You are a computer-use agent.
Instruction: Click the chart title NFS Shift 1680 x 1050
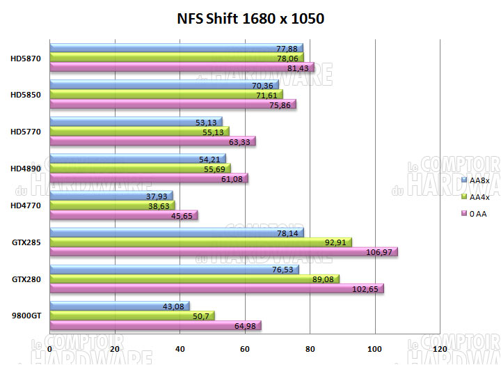pos(249,18)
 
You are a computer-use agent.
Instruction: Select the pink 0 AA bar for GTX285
pos(223,251)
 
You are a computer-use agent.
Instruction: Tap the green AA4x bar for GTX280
pos(194,279)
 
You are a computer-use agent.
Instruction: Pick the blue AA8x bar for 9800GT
pos(119,306)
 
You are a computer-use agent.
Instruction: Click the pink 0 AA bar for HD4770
pos(124,215)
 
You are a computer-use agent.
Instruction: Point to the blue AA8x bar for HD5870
pos(156,48)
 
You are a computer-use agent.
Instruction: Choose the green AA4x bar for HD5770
pos(139,130)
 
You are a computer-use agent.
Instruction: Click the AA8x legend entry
pos(478,180)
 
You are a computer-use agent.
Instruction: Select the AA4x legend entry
pos(478,196)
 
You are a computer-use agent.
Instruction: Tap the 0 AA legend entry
pos(476,214)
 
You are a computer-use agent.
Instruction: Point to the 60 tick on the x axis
pos(246,348)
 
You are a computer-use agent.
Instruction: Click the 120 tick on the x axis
pos(440,348)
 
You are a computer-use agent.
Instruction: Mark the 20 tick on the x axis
pos(115,348)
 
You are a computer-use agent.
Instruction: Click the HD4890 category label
pos(26,168)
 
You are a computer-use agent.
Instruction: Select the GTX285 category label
pos(26,242)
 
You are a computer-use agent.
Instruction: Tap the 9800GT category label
pos(27,315)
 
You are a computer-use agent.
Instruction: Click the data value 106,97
pos(379,251)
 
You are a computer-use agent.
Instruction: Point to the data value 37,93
pos(157,196)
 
